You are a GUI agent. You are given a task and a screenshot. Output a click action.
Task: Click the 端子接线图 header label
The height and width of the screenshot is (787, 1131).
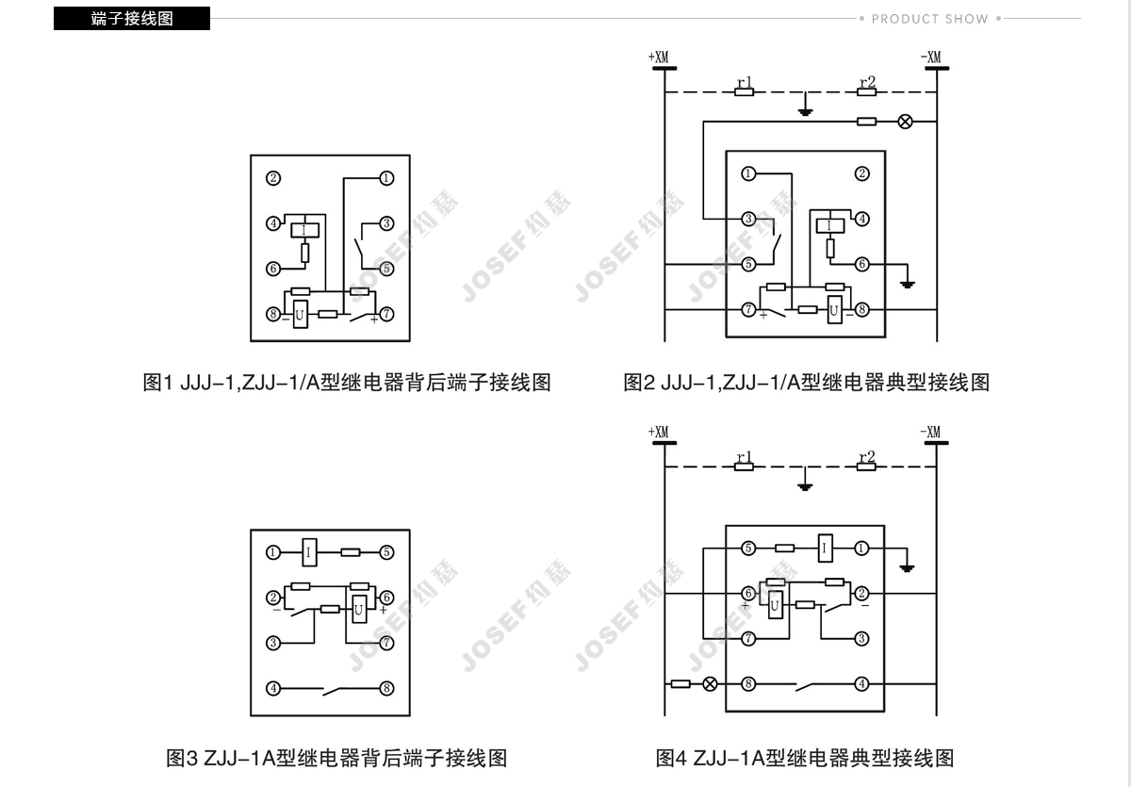click(x=132, y=18)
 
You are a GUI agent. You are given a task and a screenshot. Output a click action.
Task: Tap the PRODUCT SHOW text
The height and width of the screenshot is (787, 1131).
click(x=929, y=19)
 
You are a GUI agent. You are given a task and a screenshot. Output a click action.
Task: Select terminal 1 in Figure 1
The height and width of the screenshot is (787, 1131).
click(x=386, y=178)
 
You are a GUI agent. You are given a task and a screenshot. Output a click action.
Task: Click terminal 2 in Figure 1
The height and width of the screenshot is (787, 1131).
click(x=273, y=178)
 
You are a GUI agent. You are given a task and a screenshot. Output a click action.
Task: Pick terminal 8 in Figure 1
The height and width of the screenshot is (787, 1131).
click(x=273, y=314)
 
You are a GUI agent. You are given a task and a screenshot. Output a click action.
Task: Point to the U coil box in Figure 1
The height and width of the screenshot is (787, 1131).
click(x=300, y=314)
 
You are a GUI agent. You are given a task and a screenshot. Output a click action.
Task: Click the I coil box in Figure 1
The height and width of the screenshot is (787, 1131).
click(x=304, y=228)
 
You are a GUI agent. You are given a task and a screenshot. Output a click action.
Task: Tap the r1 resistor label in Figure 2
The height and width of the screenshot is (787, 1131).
click(x=744, y=85)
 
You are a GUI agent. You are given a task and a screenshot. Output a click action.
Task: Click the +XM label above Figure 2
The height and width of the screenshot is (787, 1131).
click(x=659, y=58)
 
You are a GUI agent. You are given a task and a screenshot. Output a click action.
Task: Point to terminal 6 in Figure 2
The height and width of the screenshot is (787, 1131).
click(x=861, y=265)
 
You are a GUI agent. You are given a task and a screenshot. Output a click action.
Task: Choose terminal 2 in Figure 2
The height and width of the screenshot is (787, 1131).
click(x=861, y=173)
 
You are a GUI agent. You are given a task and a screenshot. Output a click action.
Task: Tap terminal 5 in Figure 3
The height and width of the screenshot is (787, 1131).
click(x=386, y=552)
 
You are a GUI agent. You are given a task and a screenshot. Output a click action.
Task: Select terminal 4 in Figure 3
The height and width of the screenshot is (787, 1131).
click(x=273, y=688)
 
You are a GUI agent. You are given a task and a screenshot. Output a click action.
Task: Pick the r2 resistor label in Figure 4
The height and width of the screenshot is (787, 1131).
click(x=866, y=459)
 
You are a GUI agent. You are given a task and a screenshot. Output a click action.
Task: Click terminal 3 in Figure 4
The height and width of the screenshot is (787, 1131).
click(x=861, y=638)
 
